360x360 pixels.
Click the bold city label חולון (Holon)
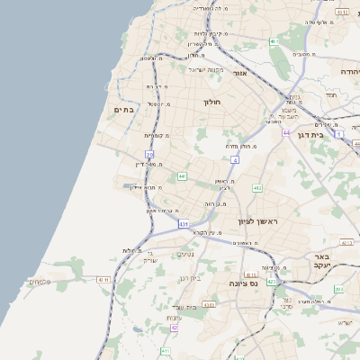[211, 102]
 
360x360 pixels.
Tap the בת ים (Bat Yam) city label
[124, 110]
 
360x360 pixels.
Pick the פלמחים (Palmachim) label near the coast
[40, 282]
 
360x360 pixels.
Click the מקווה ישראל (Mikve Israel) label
[206, 68]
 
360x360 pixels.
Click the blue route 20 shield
[148, 155]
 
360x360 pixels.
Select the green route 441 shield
[183, 176]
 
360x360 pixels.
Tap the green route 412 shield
[257, 187]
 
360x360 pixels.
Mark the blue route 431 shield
[184, 223]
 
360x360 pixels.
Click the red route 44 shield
[285, 132]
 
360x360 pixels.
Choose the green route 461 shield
[274, 41]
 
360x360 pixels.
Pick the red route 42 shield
[175, 328]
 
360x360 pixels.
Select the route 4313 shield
[209, 304]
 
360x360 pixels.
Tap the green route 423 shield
[272, 282]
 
